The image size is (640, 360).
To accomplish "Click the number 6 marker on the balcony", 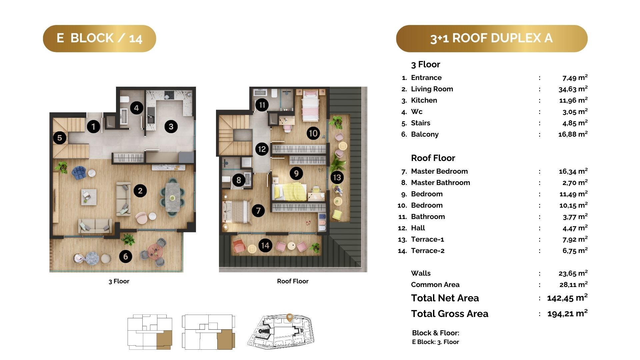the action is [126, 256].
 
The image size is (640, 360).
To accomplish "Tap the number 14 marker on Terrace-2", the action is [265, 246].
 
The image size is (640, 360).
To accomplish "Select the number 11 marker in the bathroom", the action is [262, 105].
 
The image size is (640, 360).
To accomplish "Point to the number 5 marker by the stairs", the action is [60, 138].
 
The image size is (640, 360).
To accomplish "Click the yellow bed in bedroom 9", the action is [289, 192].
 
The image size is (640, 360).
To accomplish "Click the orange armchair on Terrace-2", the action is [239, 246].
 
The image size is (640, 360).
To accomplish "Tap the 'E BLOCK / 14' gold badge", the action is [99, 38].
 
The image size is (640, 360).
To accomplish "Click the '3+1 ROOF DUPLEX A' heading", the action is [492, 38].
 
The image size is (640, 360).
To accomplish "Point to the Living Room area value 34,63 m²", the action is [573, 89].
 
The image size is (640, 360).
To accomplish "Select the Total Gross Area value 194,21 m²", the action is [567, 314].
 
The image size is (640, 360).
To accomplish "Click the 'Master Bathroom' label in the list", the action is [440, 183].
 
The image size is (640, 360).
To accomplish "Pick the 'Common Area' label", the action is [435, 285].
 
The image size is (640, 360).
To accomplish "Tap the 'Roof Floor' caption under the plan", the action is [293, 281].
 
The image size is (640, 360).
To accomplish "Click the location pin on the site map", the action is [290, 318].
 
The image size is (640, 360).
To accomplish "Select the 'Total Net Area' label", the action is [445, 298].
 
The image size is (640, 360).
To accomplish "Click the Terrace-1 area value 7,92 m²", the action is [575, 239].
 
